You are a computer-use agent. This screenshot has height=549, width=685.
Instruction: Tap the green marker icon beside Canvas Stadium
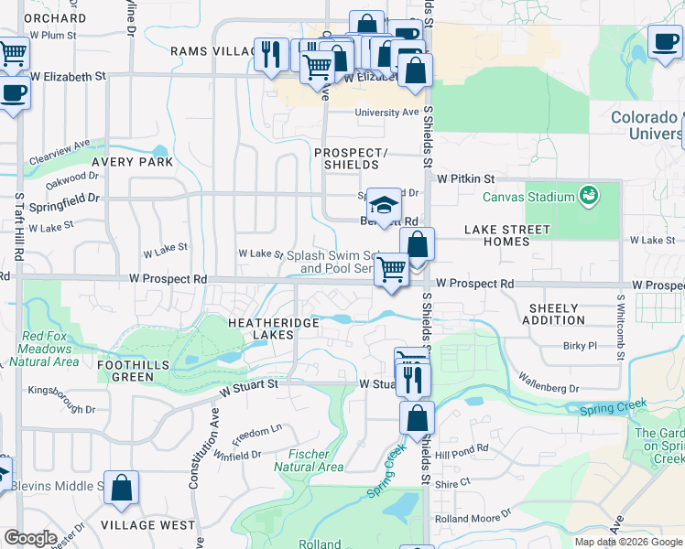588,195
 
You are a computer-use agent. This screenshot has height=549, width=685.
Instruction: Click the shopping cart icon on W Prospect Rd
392,269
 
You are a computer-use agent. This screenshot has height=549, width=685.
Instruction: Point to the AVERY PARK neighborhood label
132,162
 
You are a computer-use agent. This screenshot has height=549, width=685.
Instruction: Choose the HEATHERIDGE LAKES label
274,328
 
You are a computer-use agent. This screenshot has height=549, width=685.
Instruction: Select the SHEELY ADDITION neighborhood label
553,314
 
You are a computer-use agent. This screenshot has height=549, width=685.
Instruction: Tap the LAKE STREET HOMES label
507,235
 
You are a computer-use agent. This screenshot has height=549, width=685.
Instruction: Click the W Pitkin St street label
465,179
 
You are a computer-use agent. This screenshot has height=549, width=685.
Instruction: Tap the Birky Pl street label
581,346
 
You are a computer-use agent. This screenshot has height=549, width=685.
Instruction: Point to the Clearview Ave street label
60,150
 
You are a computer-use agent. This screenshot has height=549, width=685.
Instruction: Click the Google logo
31,538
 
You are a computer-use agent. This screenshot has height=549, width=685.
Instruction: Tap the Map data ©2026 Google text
628,542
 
